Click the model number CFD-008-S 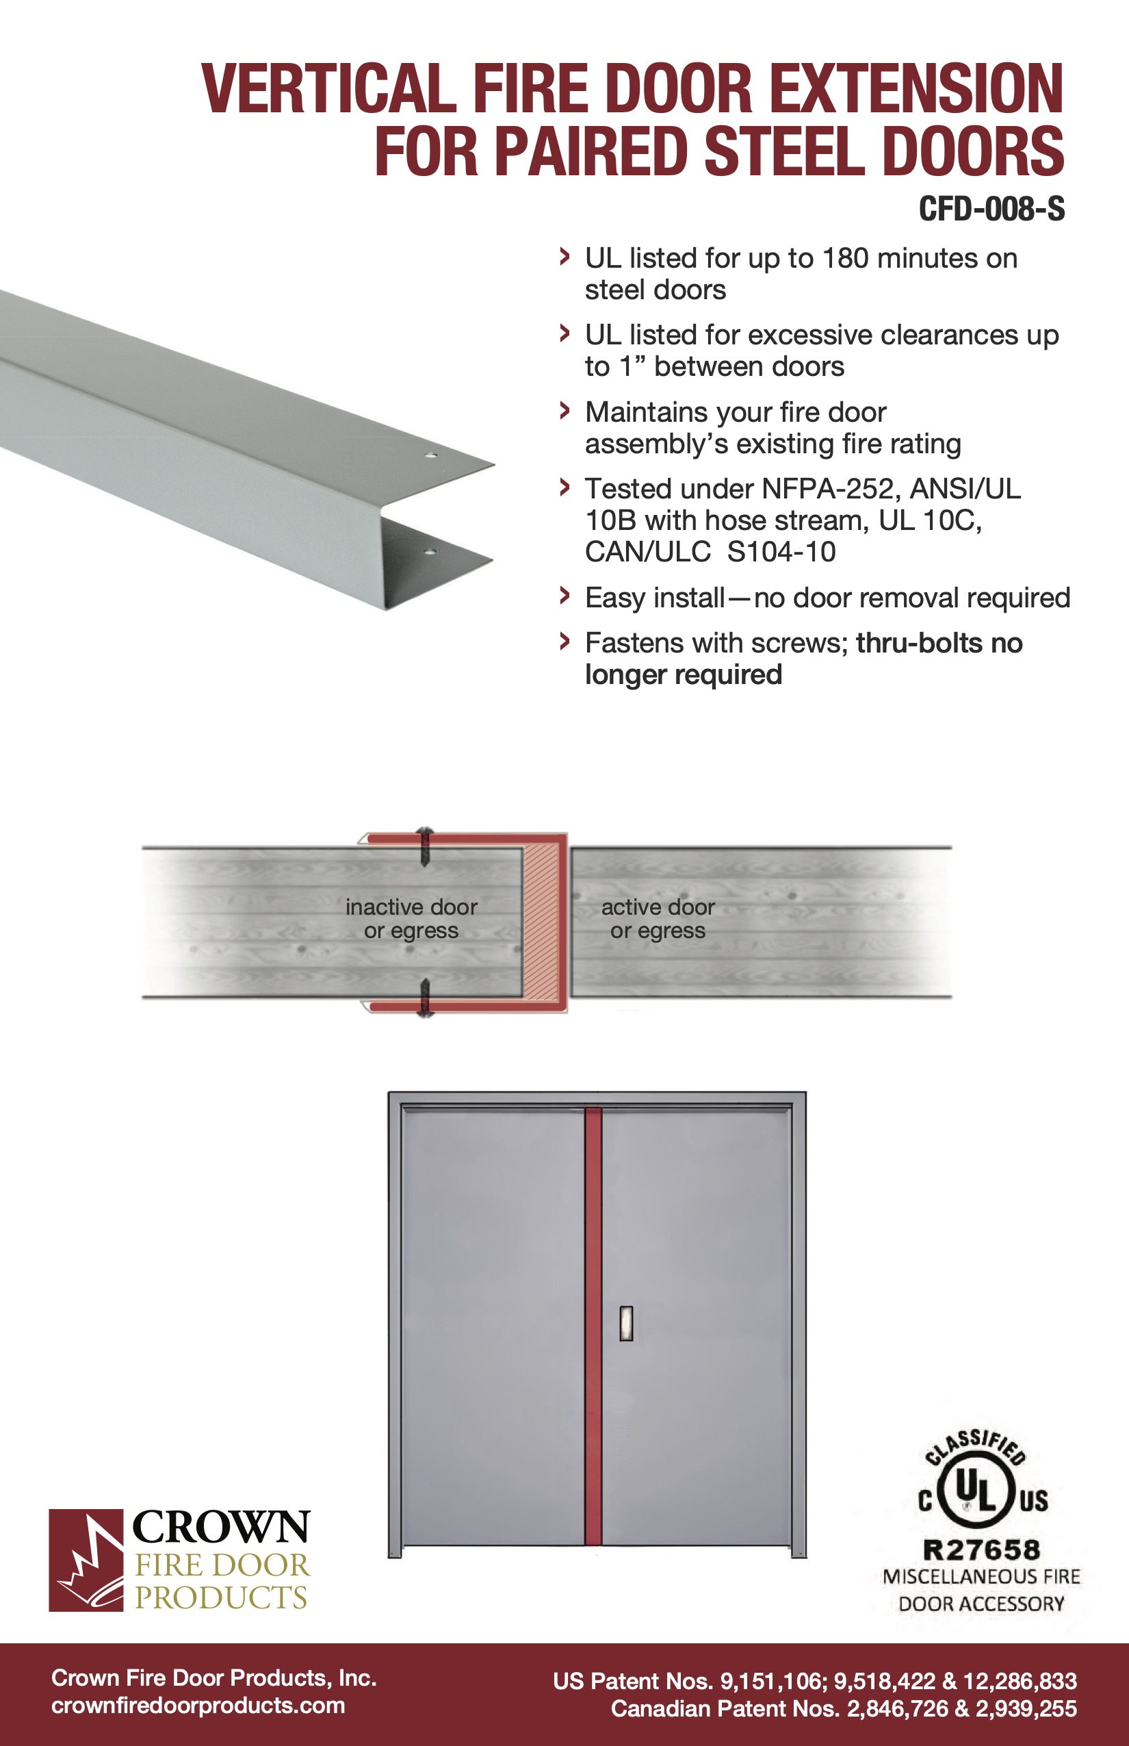[991, 209]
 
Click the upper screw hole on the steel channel [432, 455]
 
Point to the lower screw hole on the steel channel [430, 551]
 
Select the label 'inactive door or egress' [411, 918]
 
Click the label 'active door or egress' [658, 918]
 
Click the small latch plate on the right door [626, 1324]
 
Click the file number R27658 [982, 1550]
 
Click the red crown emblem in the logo [86, 1560]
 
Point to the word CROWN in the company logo [220, 1528]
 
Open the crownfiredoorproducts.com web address [198, 1705]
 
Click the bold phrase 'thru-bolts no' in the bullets [939, 643]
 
